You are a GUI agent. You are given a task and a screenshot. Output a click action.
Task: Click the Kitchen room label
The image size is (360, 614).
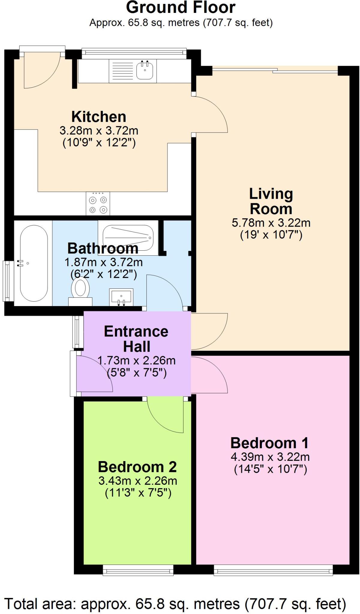click(99, 117)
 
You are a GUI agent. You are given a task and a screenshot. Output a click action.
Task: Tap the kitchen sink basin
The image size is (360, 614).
click(145, 71)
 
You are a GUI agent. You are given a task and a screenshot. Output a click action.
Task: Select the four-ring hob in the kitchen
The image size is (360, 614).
click(98, 204)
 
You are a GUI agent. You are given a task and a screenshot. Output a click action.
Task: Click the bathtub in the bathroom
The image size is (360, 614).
click(34, 263)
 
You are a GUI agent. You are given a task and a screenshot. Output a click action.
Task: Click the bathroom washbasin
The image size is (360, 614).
click(121, 297)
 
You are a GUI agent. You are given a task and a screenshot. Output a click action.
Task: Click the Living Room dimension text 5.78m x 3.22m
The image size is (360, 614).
click(271, 223)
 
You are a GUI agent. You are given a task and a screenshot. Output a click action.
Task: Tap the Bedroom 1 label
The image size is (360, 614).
click(269, 443)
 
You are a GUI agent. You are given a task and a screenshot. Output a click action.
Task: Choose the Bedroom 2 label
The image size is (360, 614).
click(137, 467)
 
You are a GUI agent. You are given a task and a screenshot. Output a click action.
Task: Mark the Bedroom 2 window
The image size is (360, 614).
click(138, 570)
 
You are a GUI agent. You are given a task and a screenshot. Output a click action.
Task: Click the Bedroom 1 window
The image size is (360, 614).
click(273, 570)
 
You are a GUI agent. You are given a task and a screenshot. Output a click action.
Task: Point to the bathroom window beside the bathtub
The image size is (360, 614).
click(7, 281)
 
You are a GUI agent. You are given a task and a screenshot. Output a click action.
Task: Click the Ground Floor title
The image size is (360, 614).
click(181, 8)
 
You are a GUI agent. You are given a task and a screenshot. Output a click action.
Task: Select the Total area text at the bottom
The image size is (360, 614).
click(175, 604)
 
